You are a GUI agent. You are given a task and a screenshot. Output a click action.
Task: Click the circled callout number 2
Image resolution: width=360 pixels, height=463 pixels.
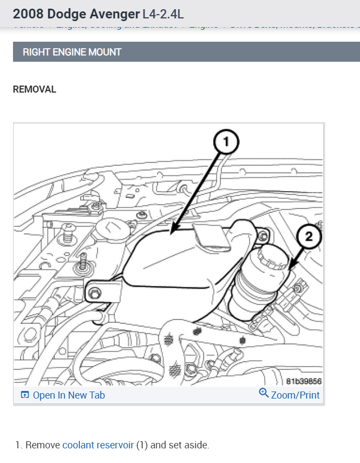coord(309,236)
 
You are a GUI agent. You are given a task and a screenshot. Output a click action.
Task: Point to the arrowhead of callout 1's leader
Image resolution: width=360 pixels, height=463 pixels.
coord(172,234)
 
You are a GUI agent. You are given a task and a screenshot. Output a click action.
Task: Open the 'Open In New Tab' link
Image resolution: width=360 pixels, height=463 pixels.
coord(69,395)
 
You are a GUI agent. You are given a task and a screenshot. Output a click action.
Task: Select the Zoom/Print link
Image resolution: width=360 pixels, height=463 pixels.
coord(295,395)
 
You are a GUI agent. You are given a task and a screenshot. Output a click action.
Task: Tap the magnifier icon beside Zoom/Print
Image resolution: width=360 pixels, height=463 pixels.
coord(264,393)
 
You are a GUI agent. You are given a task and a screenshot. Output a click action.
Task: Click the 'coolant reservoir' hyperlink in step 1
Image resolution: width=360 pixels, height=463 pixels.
coord(98,445)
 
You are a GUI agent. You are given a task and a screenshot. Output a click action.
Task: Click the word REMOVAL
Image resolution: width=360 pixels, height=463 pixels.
coord(34,89)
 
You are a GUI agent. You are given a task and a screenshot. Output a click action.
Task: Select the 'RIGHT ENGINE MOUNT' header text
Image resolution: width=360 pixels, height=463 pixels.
coord(72,52)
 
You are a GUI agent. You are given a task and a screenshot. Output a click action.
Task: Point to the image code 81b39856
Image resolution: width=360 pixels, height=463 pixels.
coord(304,380)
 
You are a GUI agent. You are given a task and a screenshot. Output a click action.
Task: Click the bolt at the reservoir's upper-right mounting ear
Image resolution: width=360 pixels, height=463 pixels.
coord(264,236)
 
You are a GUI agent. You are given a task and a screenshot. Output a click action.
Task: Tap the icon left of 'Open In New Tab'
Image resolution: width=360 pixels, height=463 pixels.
coord(24,395)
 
